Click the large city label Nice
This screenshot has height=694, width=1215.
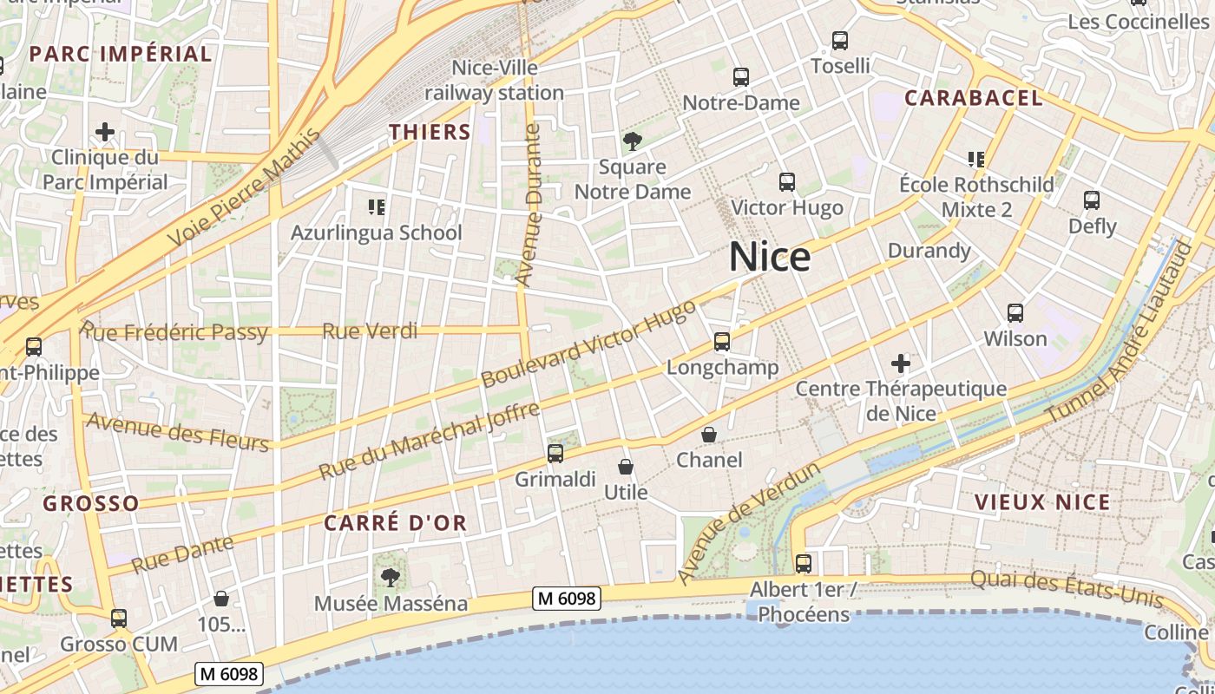(770, 257)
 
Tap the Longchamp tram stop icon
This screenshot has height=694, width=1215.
(722, 342)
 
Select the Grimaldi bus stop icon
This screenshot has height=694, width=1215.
(555, 453)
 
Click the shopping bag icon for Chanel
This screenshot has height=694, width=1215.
(709, 435)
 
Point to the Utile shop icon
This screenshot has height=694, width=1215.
(626, 468)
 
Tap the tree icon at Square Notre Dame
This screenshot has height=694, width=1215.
(633, 141)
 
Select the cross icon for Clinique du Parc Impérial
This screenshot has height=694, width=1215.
(105, 132)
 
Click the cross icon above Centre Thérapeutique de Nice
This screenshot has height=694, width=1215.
(901, 363)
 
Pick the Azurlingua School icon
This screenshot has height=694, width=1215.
(377, 207)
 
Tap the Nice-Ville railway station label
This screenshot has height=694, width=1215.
(495, 80)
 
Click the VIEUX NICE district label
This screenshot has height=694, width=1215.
(1042, 502)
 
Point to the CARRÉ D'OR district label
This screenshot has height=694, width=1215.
(396, 523)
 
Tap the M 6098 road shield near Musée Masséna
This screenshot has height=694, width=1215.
(567, 599)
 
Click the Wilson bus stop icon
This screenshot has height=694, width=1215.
(1015, 313)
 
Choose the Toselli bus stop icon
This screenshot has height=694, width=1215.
(840, 41)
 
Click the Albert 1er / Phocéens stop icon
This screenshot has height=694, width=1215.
(804, 564)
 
